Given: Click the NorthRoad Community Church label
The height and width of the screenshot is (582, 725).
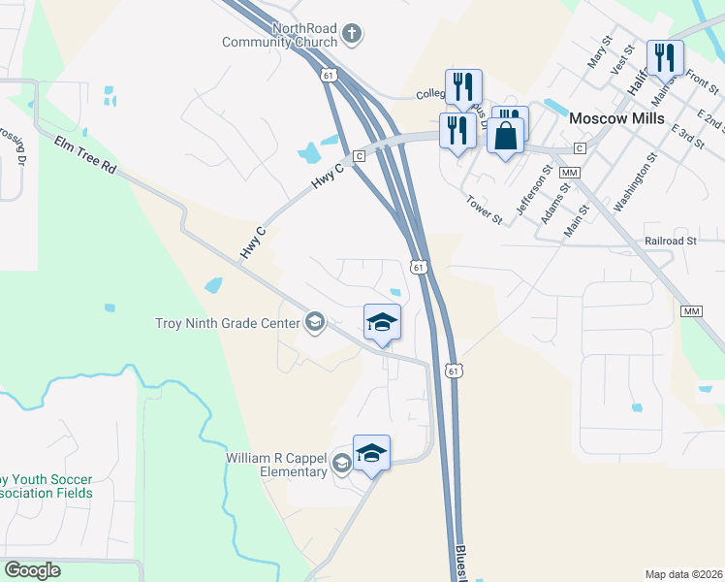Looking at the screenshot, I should (279, 36).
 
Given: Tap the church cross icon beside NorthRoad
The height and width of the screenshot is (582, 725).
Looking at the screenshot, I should (352, 36).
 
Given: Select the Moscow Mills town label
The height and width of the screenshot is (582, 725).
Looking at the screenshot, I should (616, 118).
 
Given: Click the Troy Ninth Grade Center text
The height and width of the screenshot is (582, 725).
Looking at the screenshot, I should (229, 323).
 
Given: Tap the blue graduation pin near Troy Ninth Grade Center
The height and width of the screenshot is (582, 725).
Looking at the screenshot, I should (382, 322).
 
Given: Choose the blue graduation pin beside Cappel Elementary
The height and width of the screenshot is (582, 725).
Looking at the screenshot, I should (371, 453).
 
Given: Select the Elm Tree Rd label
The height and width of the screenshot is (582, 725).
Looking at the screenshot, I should (85, 155).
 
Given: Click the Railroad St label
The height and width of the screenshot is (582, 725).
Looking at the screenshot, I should (670, 241).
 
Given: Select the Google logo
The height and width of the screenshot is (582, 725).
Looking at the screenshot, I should (32, 570).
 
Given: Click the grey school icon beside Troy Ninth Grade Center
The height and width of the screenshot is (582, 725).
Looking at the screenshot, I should (314, 322).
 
